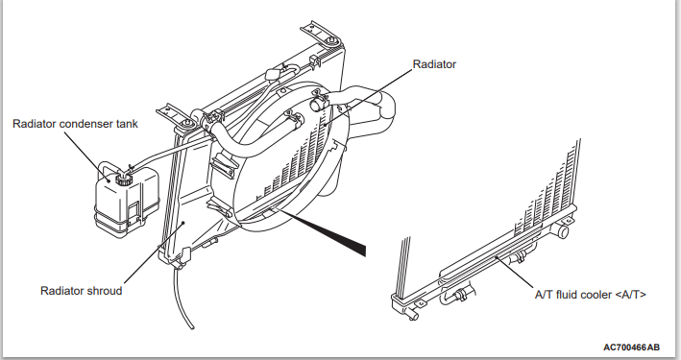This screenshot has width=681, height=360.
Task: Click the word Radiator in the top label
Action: point(434,64)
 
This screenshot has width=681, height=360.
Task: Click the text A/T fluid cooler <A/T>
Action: point(590,295)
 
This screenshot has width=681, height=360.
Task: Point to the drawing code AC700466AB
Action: point(631,347)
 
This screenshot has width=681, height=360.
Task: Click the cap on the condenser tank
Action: point(123,178)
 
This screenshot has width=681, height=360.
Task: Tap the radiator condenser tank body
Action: point(127,201)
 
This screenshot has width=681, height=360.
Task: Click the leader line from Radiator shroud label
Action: point(155,253)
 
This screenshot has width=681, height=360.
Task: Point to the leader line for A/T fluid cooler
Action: point(515,272)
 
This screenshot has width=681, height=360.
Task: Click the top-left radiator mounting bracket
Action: point(176,115)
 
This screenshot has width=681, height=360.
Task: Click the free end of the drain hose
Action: point(191,327)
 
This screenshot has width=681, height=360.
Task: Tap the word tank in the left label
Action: point(127,124)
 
